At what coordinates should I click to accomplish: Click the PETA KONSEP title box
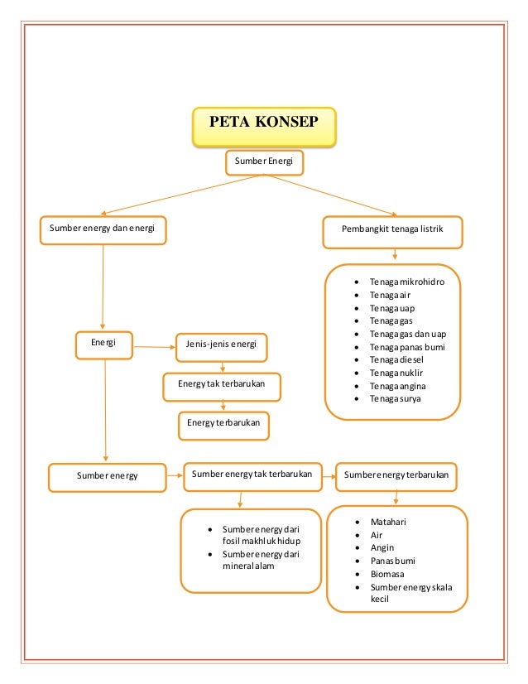[x=264, y=125]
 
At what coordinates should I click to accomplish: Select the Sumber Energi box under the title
[x=263, y=161]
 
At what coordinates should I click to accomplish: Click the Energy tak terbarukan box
[x=221, y=385]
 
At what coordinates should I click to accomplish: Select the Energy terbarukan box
[x=223, y=423]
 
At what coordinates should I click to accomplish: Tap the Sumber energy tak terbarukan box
[x=252, y=475]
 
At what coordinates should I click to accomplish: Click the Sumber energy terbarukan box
[x=396, y=475]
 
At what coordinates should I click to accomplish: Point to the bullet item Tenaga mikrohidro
[x=406, y=282]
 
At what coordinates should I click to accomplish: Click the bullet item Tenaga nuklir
[x=396, y=373]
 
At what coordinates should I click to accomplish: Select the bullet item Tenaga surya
[x=395, y=398]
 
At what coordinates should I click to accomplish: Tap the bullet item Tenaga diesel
[x=396, y=359]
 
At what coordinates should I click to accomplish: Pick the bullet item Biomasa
[x=386, y=573]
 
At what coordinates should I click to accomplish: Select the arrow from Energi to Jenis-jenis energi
[x=153, y=345]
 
